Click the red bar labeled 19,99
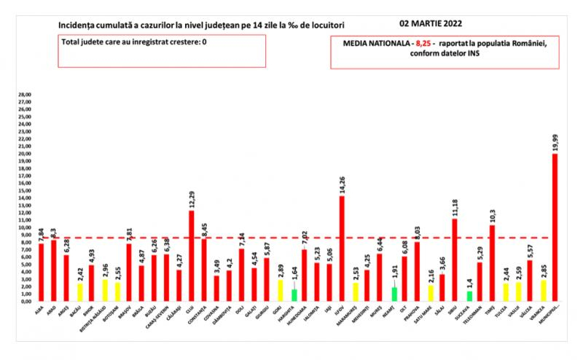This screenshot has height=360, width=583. [555, 227]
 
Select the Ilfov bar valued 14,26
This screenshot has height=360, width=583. [342, 249]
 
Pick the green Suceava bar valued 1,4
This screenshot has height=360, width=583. [469, 296]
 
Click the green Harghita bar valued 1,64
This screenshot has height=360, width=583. [293, 295]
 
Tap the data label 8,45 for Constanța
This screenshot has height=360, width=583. [205, 230]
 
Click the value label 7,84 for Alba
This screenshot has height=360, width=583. [41, 233]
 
